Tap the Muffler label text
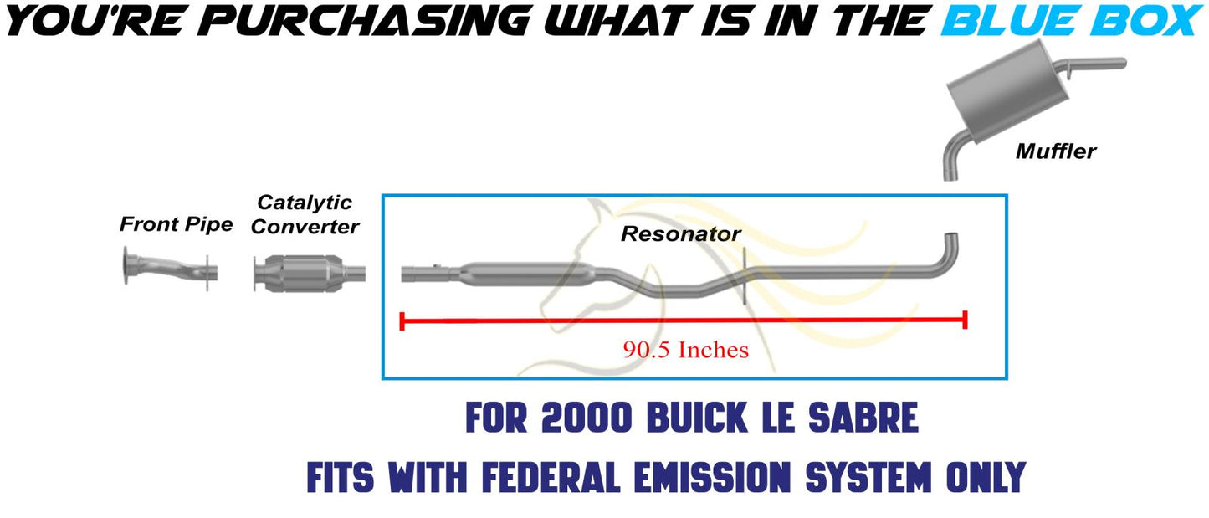click(1055, 151)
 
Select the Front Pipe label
click(176, 224)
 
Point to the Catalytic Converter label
click(305, 214)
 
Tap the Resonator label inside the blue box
click(680, 234)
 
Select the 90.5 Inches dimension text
click(685, 350)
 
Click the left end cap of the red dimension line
click(402, 321)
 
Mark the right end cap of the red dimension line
click(966, 320)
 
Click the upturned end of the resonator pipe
click(951, 246)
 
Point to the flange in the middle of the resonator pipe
click(744, 275)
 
